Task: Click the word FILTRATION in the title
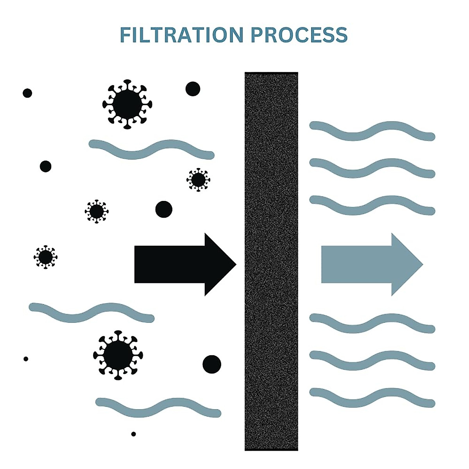pyautogui.click(x=182, y=35)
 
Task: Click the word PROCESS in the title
pyautogui.click(x=299, y=35)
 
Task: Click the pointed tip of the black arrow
pyautogui.click(x=234, y=264)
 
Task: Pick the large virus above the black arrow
pyautogui.click(x=127, y=104)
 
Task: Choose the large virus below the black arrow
pyautogui.click(x=118, y=355)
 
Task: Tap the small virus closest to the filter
pyautogui.click(x=198, y=180)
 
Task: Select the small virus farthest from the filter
pyautogui.click(x=45, y=257)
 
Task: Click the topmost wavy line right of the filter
pyautogui.click(x=372, y=131)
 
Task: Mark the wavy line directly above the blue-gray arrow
pyautogui.click(x=372, y=205)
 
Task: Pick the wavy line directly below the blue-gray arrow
pyautogui.click(x=372, y=324)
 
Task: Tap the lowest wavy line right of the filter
pyautogui.click(x=372, y=398)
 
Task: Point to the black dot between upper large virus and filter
pyautogui.click(x=193, y=89)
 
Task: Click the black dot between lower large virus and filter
pyautogui.click(x=212, y=364)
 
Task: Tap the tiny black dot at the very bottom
pyautogui.click(x=134, y=434)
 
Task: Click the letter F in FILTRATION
pyautogui.click(x=125, y=35)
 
